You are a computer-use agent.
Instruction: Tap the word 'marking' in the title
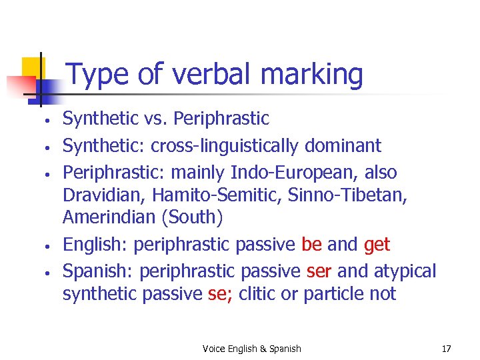click(312, 75)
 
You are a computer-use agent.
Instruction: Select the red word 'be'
click(311, 245)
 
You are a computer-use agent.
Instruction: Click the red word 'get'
click(377, 245)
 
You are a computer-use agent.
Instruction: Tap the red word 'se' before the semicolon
click(217, 294)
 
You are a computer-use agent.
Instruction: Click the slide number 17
click(446, 349)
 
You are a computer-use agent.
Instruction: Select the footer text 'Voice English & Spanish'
click(251, 349)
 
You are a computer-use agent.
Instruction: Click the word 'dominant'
click(349, 145)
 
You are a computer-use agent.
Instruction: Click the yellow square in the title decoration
click(33, 68)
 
